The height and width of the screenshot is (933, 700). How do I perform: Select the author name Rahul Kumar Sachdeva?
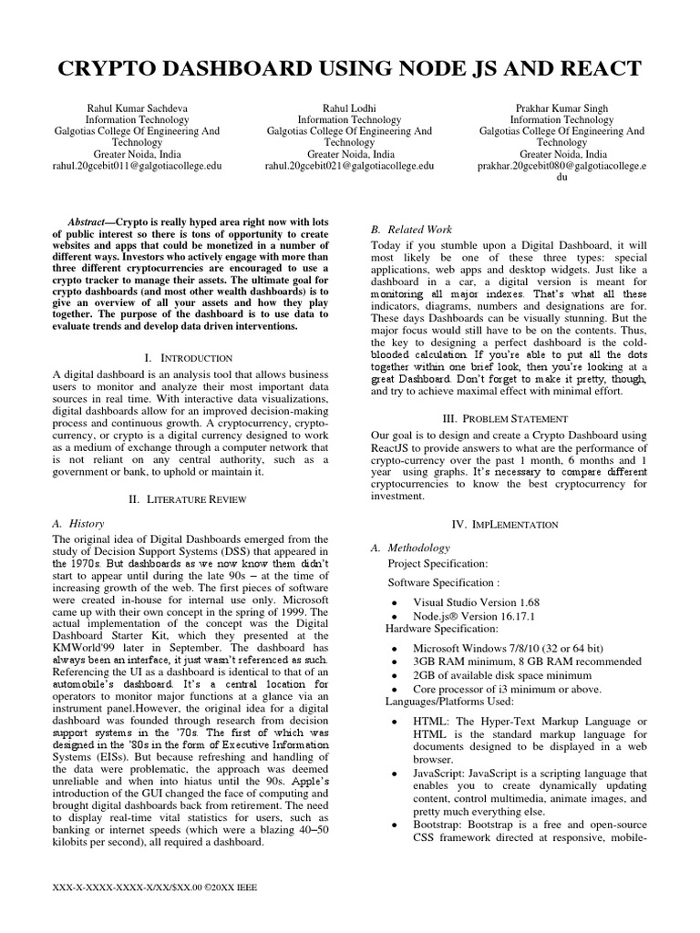[137, 108]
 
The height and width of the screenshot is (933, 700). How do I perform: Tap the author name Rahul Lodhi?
[349, 108]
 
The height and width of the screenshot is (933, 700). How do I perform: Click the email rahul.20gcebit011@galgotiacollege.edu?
[137, 167]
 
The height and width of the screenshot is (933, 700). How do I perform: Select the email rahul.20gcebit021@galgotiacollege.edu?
[349, 167]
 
